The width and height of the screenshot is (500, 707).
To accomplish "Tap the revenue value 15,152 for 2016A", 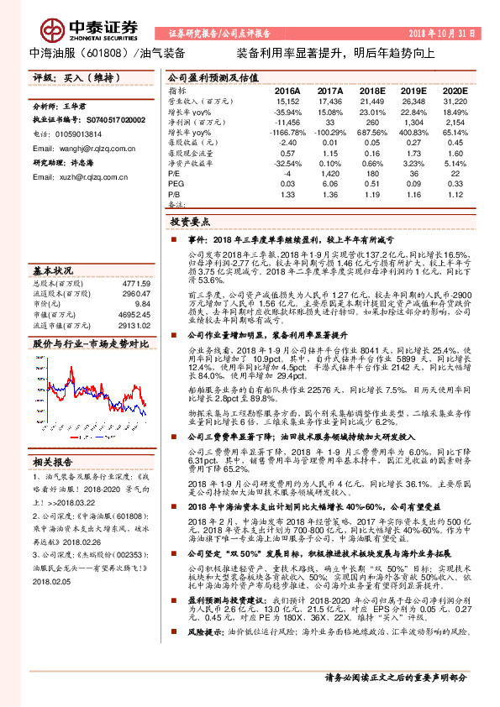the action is pos(287,101).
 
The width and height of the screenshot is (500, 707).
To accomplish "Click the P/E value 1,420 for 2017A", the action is pos(330,174).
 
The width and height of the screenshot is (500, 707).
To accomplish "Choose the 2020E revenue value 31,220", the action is pos(455,101).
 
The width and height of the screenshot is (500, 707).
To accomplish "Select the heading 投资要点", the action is pos(189,223).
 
